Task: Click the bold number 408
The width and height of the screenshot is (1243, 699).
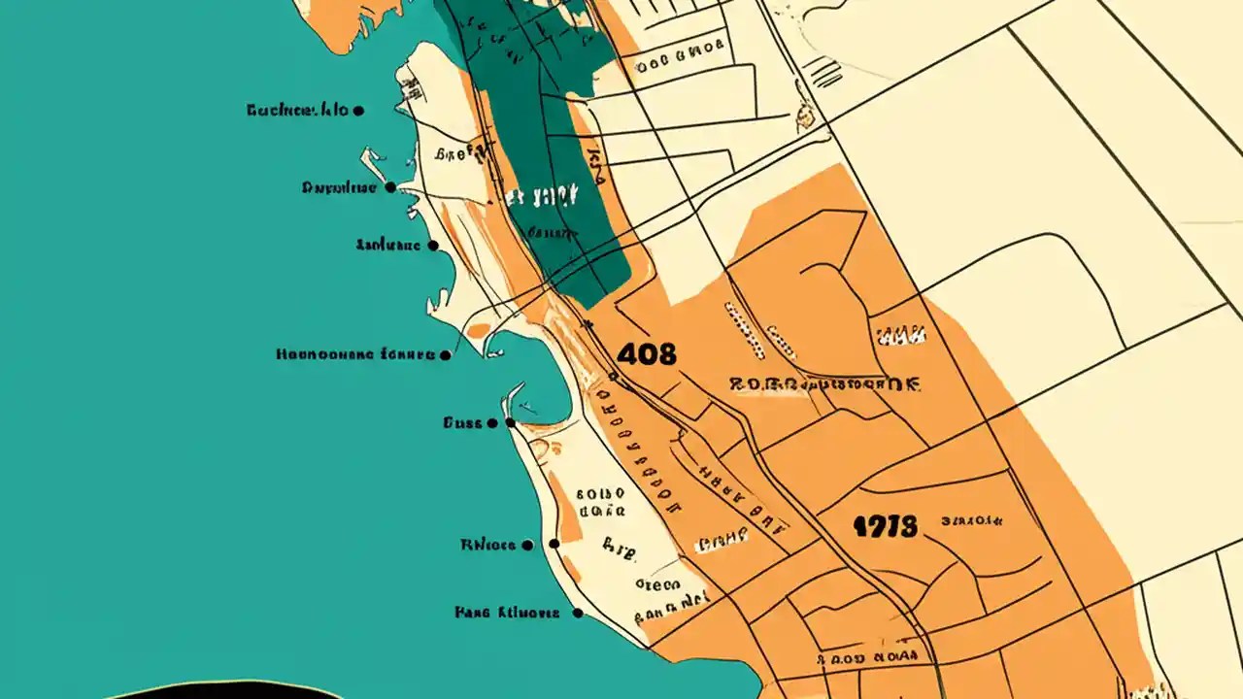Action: (x=646, y=354)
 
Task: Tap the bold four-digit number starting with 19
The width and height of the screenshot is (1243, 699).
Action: (x=885, y=527)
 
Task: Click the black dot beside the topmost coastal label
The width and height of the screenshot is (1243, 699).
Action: (x=358, y=111)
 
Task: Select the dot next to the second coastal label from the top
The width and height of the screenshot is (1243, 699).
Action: (x=390, y=187)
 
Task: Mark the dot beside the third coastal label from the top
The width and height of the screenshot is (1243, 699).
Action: (x=433, y=246)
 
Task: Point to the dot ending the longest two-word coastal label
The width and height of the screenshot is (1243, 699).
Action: (x=446, y=355)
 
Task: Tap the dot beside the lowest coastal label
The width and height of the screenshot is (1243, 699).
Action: (x=578, y=613)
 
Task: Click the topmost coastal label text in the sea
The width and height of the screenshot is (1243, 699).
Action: (x=297, y=111)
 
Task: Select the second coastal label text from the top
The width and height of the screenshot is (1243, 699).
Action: (x=339, y=187)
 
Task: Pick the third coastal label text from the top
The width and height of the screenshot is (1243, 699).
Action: (x=388, y=246)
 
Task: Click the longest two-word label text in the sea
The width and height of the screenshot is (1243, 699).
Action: (x=355, y=355)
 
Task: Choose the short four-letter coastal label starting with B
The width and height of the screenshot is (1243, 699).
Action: (x=463, y=423)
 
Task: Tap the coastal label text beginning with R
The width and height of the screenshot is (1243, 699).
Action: (x=488, y=545)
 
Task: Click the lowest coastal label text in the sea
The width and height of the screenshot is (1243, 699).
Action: (x=507, y=613)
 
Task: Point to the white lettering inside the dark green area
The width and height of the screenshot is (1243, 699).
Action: (x=542, y=197)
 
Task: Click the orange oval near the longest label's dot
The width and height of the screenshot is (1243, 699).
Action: (x=478, y=331)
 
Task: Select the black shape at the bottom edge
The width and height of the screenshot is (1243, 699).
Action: (x=223, y=689)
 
